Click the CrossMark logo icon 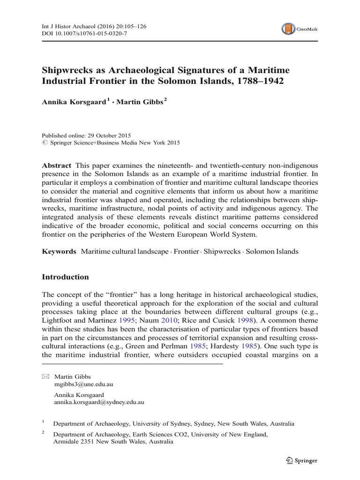point(288,29)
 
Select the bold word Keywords point(59,251)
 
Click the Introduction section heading point(65,277)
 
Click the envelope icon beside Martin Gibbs point(45,377)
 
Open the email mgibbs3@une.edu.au point(84,384)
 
